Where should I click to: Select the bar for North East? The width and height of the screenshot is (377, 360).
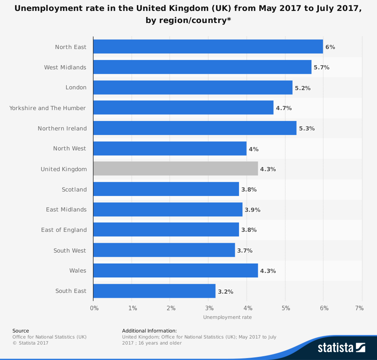(x=208, y=47)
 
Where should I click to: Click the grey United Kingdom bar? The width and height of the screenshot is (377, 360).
(x=175, y=169)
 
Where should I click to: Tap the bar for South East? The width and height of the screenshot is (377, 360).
(x=154, y=291)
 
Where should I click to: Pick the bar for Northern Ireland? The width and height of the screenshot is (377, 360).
(x=195, y=128)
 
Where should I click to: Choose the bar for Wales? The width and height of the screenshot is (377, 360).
(x=175, y=270)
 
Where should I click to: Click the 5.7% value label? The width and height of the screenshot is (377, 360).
(x=322, y=67)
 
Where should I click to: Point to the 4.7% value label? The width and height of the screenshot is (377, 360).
(x=284, y=108)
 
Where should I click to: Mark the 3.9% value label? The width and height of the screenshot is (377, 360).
(x=253, y=210)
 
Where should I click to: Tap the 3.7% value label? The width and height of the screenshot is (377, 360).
(x=245, y=251)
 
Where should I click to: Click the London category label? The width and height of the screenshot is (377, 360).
(x=76, y=87)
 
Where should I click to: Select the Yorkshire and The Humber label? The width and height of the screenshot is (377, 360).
(x=48, y=108)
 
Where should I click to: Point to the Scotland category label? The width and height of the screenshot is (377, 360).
(x=74, y=190)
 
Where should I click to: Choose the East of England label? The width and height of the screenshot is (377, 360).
(x=64, y=230)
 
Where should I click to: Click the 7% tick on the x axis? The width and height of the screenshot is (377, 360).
(x=359, y=308)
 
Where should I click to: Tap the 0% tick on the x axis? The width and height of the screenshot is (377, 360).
(x=94, y=308)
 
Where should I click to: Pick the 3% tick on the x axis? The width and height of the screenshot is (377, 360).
(x=209, y=308)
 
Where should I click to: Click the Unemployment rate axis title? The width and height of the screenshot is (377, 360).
(x=227, y=317)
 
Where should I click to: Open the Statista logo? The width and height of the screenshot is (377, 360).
(x=341, y=347)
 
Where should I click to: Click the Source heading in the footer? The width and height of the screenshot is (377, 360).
(x=20, y=331)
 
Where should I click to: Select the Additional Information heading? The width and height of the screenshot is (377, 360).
(x=149, y=331)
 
